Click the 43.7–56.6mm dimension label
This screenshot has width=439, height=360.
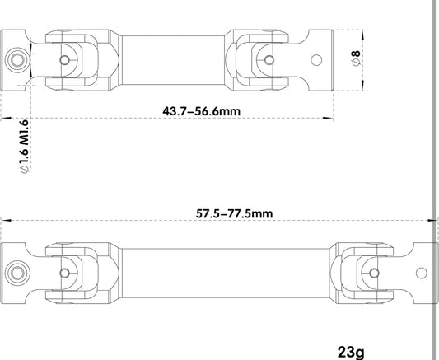pyautogui.click(x=201, y=111)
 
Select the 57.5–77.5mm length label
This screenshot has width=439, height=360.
pyautogui.click(x=234, y=213)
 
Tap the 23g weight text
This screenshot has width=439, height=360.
pyautogui.click(x=351, y=352)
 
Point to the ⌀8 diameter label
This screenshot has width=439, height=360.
pyautogui.click(x=356, y=58)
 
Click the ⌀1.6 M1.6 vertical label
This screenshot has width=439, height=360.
pyautogui.click(x=25, y=147)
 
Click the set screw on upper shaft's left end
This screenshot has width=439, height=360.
pyautogui.click(x=17, y=60)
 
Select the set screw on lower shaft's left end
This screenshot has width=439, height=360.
pyautogui.click(x=17, y=273)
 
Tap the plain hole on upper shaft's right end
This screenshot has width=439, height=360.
pyautogui.click(x=316, y=60)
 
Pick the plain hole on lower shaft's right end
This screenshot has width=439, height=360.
pyautogui.click(x=422, y=274)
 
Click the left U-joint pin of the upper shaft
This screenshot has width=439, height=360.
pyautogui.click(x=65, y=60)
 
